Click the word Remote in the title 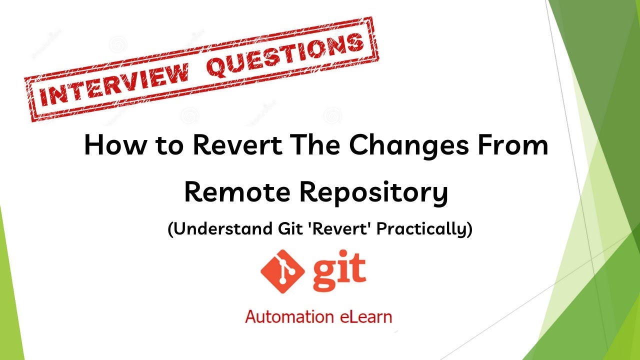coord(236,192)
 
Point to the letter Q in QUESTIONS coord(219,65)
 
